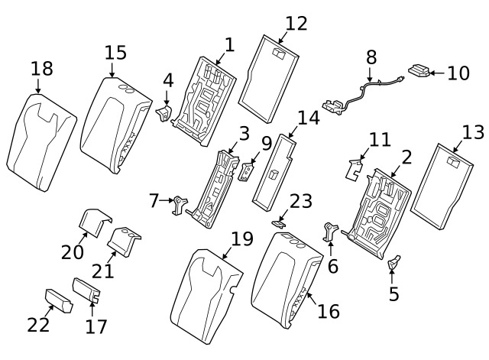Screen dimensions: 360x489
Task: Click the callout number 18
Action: (x=42, y=69)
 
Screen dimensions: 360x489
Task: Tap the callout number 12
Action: (x=296, y=23)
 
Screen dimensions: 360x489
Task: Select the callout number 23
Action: (x=301, y=201)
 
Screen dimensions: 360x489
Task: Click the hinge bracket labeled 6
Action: (x=332, y=232)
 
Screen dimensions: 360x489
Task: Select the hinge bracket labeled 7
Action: (x=180, y=204)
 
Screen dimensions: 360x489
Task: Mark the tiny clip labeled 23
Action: (x=279, y=223)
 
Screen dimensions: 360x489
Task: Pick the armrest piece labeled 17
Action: (x=86, y=290)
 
